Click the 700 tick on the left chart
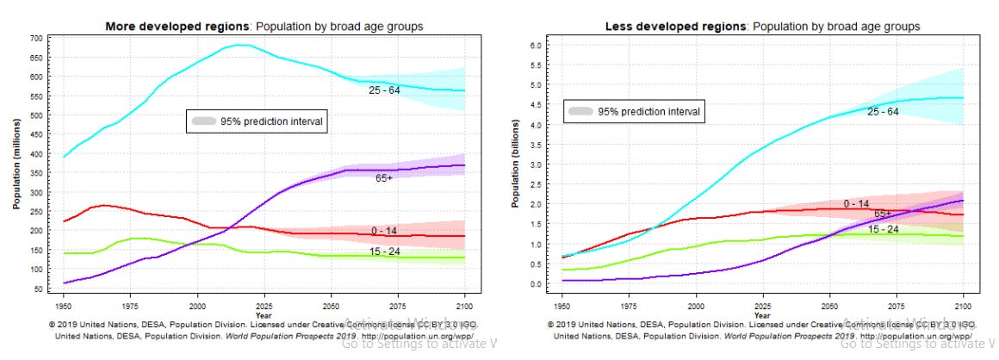coord(37,39)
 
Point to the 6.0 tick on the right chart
coord(535,45)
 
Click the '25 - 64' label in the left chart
coord(383,89)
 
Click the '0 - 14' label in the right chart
coord(855,204)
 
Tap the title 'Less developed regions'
coord(674,27)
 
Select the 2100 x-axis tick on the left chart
coord(465,305)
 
